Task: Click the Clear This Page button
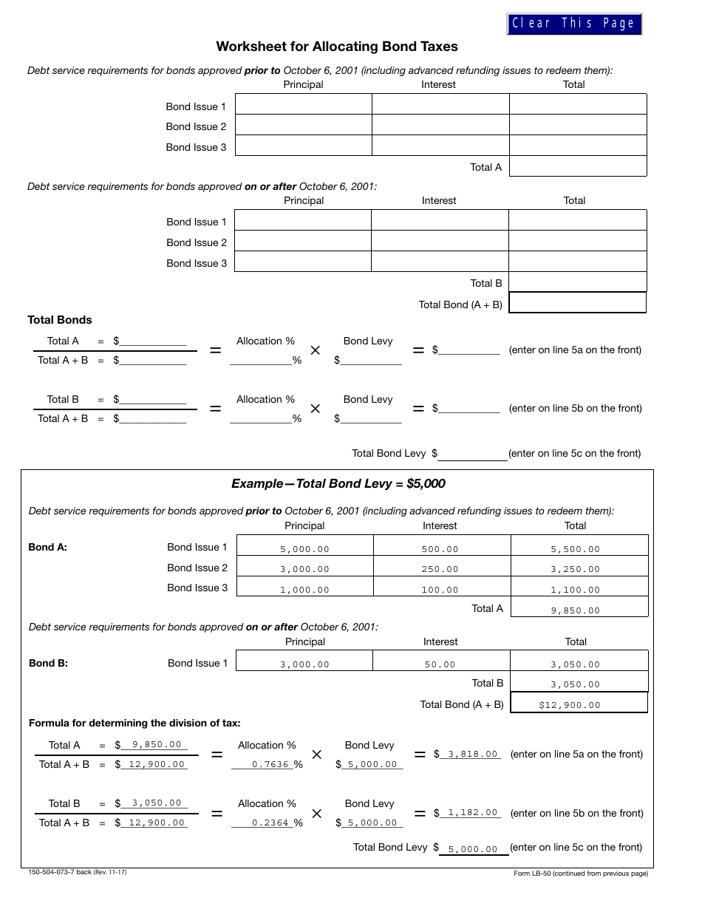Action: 573,24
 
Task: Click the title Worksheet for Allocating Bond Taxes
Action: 337,47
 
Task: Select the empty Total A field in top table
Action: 578,166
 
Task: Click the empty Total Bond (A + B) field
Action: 578,303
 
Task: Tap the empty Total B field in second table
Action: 578,282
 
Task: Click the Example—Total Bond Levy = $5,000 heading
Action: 338,484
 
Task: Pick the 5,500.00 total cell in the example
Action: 576,549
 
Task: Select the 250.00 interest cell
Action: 441,569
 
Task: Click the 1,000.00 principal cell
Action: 304,590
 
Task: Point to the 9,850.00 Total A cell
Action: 576,610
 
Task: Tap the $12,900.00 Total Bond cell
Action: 570,705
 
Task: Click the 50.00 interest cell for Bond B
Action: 440,664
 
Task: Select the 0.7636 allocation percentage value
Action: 270,765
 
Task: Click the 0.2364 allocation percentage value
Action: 270,823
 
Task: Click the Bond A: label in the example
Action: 48,548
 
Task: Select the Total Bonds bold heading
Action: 60,320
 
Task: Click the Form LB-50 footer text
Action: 581,874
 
